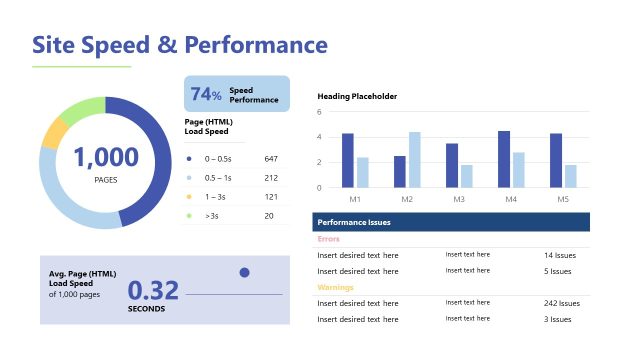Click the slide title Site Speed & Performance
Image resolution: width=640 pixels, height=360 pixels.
[180, 45]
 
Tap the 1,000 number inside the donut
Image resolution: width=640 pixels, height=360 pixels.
[105, 157]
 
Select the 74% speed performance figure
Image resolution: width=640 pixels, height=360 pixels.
[205, 95]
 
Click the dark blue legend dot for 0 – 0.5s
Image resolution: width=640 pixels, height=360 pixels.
[189, 159]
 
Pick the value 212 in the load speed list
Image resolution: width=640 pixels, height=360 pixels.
[271, 178]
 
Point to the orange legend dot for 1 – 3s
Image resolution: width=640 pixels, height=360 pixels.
[189, 197]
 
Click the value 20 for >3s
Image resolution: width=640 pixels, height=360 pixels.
[270, 215]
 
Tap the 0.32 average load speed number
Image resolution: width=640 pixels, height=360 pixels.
[153, 290]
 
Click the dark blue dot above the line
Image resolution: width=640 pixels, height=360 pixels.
[244, 272]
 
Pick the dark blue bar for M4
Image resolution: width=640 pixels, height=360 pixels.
[504, 159]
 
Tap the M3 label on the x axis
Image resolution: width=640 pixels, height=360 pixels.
[459, 200]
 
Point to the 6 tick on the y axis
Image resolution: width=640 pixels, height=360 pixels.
[319, 111]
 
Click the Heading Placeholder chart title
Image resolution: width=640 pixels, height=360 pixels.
[357, 96]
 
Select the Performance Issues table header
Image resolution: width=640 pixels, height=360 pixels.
[353, 222]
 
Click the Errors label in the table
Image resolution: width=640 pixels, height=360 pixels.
[328, 239]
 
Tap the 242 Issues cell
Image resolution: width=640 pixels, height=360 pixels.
[561, 303]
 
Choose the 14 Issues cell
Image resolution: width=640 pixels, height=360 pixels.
[558, 255]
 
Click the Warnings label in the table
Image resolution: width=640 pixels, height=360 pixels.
[334, 287]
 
